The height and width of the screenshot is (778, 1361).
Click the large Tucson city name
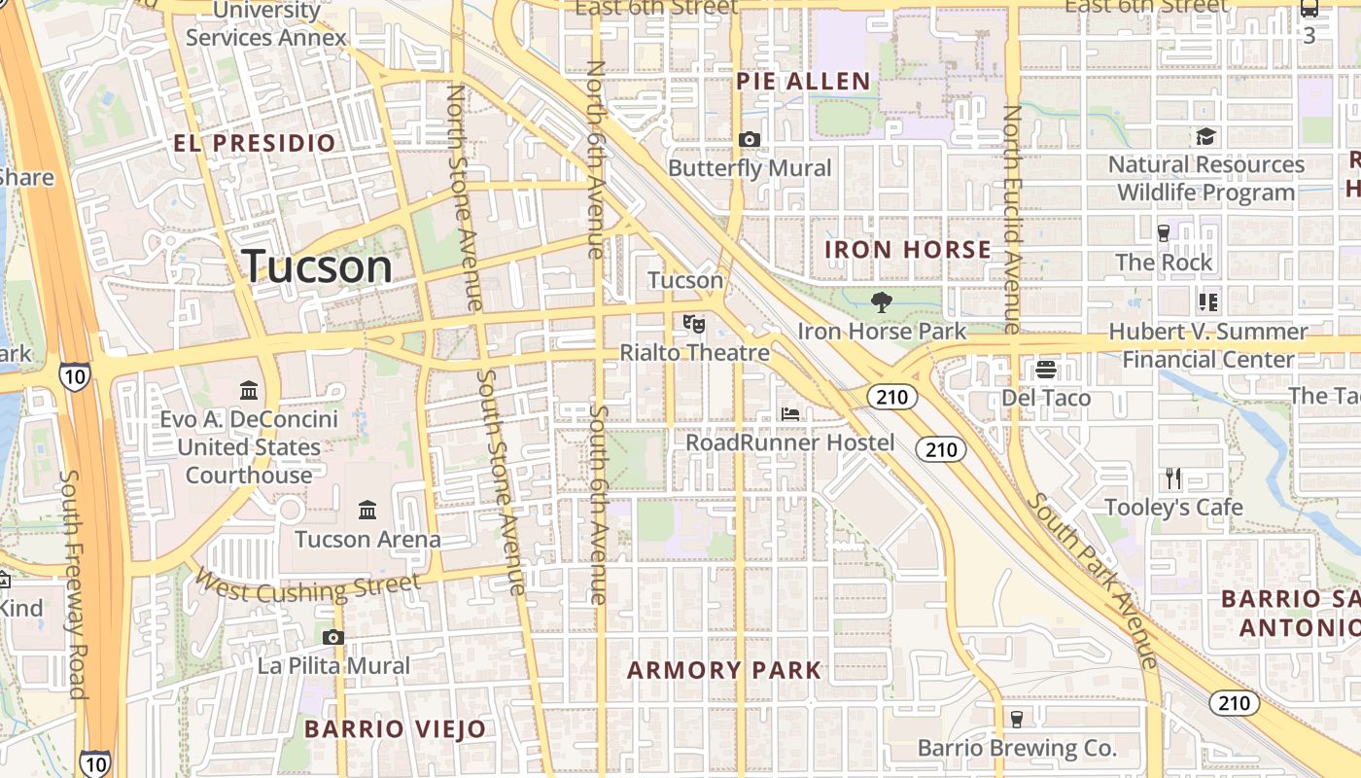point(317,266)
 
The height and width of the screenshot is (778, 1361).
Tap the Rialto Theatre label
point(694,352)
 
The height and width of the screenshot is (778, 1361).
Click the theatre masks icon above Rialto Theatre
point(693,322)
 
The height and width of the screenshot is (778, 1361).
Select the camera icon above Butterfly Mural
point(749,140)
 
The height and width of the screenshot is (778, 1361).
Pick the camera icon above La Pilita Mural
point(333,638)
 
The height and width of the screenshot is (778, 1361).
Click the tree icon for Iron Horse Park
point(882,302)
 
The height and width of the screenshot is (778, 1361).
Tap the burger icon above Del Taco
point(1046,370)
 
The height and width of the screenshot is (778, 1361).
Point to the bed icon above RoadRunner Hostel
point(790,414)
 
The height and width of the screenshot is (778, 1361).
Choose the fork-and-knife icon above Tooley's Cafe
point(1173,478)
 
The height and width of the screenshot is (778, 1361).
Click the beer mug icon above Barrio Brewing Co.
point(1017,720)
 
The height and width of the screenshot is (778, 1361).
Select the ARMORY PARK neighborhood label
point(724,670)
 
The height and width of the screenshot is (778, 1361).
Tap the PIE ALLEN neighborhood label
point(803,82)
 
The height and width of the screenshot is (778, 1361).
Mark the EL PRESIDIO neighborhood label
point(255,144)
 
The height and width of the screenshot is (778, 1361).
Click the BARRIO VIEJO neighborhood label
point(395,728)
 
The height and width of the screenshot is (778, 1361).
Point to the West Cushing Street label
point(307,586)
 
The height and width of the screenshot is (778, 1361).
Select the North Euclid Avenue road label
point(1012,219)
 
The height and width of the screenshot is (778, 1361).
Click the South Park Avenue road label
point(1094,581)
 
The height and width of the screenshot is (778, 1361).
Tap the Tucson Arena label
point(367,539)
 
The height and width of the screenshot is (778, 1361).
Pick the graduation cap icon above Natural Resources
point(1205,136)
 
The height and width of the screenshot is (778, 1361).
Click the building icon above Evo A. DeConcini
point(249,391)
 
